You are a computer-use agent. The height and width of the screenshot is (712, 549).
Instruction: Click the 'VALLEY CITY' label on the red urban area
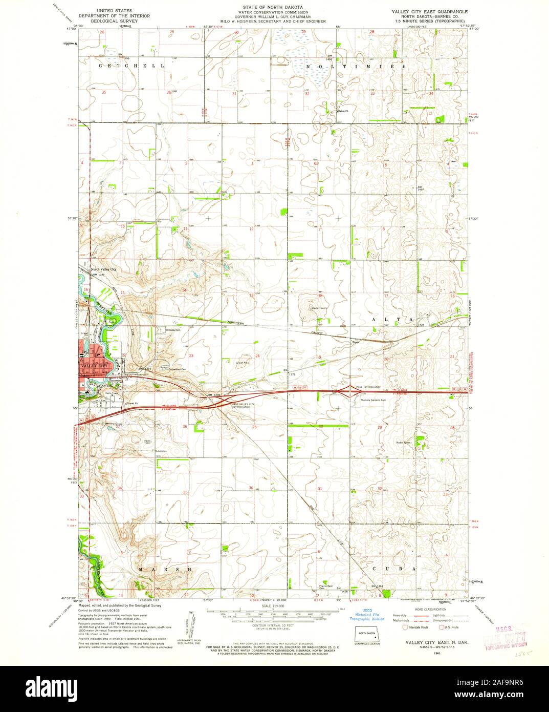tap(93, 366)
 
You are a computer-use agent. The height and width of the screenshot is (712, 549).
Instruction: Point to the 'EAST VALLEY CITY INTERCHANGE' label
tap(244, 406)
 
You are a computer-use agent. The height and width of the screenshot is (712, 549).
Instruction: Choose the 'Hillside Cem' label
tap(174, 330)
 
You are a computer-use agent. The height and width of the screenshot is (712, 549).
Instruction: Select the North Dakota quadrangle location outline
tap(366, 635)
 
